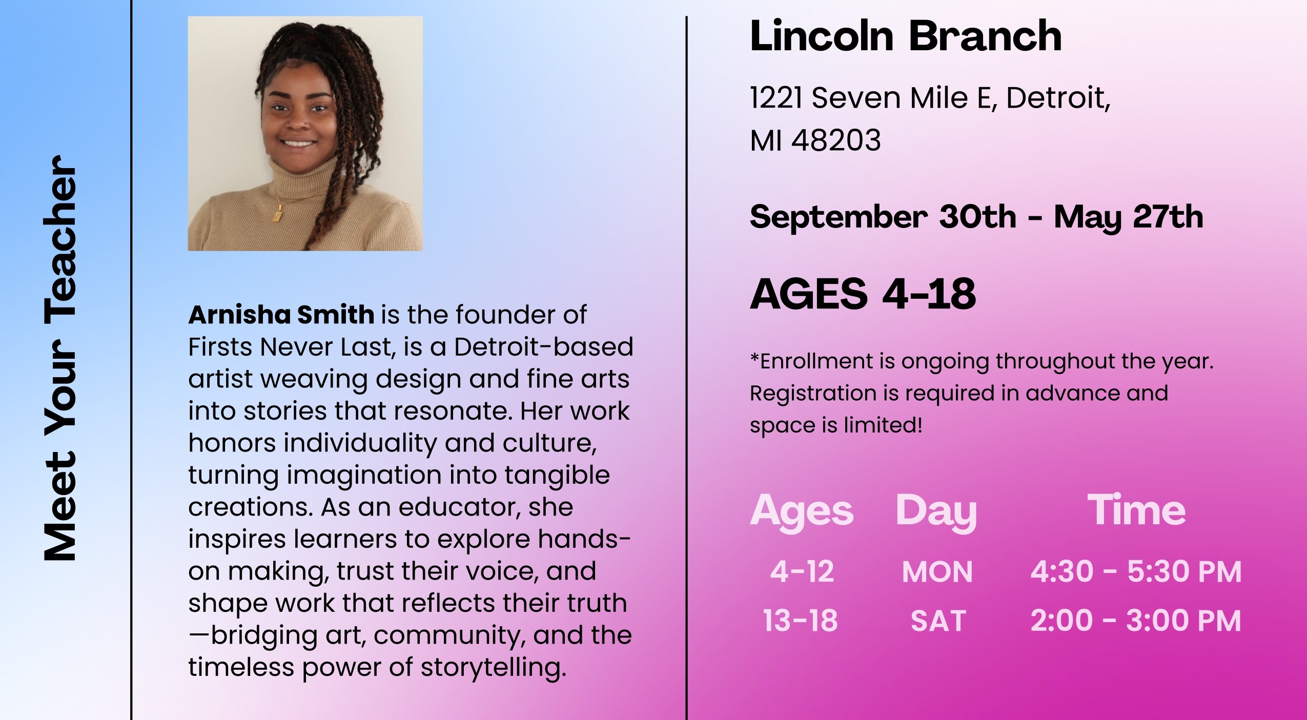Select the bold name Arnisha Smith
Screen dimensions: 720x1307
click(x=281, y=315)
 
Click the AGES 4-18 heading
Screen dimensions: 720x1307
click(x=863, y=294)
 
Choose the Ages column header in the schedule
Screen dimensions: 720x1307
click(x=802, y=511)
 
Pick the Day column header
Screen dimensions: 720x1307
click(x=936, y=511)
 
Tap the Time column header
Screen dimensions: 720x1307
click(x=1136, y=510)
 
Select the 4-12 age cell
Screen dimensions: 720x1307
click(x=802, y=571)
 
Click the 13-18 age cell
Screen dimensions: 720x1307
click(x=800, y=621)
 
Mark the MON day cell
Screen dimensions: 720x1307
click(x=937, y=572)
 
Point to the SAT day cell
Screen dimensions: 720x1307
click(x=938, y=621)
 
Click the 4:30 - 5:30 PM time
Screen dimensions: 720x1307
click(x=1136, y=571)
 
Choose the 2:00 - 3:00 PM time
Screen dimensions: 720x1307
click(x=1136, y=621)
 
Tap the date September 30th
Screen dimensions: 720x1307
click(x=883, y=217)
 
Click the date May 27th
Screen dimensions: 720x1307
click(x=1128, y=217)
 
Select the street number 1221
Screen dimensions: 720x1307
click(x=775, y=98)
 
